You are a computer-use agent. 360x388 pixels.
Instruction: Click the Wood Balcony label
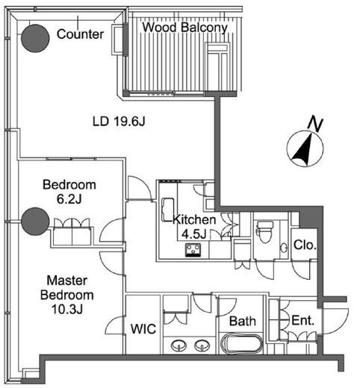point(184,28)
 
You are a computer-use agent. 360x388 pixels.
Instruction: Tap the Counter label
point(80,34)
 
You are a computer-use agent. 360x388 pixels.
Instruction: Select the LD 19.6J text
point(119,122)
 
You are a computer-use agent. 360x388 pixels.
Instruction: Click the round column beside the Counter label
point(35,38)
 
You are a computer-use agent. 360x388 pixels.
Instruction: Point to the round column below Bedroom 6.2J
point(35,221)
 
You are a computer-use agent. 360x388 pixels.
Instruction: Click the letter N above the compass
point(316,125)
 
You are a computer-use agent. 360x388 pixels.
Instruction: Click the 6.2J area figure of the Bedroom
point(69,199)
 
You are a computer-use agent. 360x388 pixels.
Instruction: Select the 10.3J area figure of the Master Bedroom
point(67,309)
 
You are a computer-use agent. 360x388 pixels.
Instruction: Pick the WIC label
point(143,329)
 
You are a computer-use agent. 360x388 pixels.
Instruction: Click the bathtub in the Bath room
point(241,343)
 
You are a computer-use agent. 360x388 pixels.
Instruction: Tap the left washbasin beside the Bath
point(179,345)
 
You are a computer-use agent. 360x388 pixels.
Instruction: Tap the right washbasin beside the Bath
point(202,345)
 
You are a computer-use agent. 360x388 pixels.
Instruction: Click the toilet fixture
point(264,231)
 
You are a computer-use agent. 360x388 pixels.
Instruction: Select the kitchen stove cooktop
point(193,250)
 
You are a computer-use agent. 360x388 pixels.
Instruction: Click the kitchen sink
point(168,210)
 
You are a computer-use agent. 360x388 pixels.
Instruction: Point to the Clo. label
point(305,245)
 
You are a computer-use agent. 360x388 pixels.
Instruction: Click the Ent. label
point(302,320)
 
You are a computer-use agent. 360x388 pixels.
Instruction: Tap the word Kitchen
point(194,219)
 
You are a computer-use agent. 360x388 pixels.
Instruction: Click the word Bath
point(243,321)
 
